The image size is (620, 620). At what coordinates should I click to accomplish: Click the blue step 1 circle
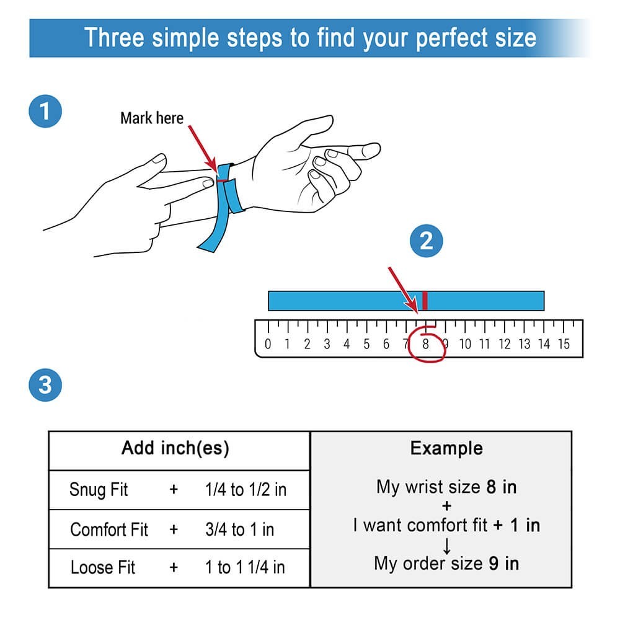tap(45, 111)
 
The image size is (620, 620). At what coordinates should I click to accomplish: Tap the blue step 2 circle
tap(427, 241)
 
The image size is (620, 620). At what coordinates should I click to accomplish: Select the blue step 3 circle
tap(45, 385)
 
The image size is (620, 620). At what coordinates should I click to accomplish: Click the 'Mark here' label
tap(152, 118)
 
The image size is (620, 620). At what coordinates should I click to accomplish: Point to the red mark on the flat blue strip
tap(425, 301)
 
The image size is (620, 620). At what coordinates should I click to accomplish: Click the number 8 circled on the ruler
tap(425, 344)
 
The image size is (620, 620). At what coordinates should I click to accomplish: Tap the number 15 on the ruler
tap(564, 344)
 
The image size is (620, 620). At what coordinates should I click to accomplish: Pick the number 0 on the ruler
tap(268, 344)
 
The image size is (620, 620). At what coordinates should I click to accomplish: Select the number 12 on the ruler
tap(505, 344)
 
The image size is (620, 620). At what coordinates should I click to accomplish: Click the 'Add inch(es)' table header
tap(175, 448)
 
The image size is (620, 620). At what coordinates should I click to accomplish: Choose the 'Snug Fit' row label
tap(99, 490)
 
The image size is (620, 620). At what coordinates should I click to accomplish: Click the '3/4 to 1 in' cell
tap(239, 529)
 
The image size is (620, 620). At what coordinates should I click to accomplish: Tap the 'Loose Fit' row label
tap(103, 567)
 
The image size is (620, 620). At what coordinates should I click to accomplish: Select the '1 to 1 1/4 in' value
tap(245, 567)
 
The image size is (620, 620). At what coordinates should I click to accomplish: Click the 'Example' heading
tap(446, 448)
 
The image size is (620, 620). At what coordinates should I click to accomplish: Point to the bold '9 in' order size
tap(503, 564)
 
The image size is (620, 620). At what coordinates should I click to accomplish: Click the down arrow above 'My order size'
tap(447, 546)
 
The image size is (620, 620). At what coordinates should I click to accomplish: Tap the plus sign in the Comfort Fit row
tap(174, 529)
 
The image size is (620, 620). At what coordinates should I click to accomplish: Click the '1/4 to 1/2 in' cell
tap(246, 490)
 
